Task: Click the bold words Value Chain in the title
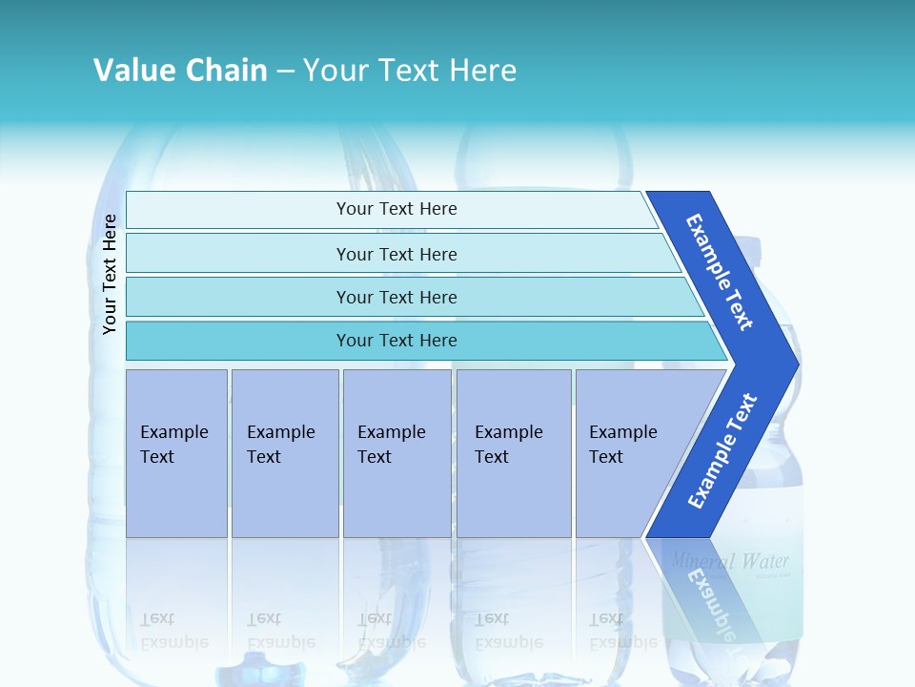[x=180, y=71]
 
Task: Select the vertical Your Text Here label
[x=110, y=274]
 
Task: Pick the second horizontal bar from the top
[x=396, y=254]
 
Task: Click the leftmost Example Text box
[x=176, y=452]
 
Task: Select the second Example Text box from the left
[x=285, y=452]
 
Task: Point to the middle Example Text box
[x=396, y=452]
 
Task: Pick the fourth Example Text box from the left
[x=514, y=452]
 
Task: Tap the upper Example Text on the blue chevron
[x=721, y=272]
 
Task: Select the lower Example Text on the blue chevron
[x=722, y=451]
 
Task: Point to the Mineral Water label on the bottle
[x=729, y=560]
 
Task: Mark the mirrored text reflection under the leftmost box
[x=174, y=630]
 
